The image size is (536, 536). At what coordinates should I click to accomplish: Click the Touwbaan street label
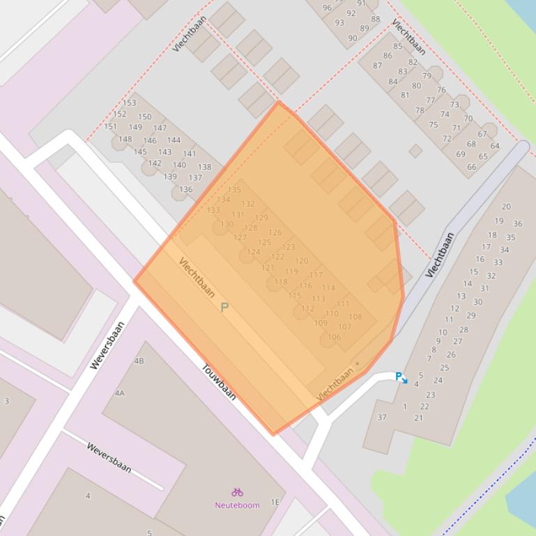pos(219,382)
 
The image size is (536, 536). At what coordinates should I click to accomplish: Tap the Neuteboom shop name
pos(237,505)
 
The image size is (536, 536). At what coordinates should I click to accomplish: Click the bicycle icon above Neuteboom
pos(237,492)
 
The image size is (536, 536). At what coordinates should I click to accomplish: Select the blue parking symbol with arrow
pos(401,377)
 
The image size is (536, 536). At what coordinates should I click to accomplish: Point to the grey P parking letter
pos(224,307)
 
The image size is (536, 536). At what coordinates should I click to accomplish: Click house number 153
pos(129,103)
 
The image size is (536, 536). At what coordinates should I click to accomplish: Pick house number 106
pos(334,337)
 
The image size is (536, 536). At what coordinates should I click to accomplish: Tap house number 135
pos(233,189)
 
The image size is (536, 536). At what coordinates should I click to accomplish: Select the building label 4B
pos(139,361)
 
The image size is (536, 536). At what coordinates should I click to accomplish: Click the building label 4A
pos(119,393)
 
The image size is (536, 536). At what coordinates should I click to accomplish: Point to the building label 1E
pos(275,502)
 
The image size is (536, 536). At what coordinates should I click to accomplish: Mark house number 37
pos(381,417)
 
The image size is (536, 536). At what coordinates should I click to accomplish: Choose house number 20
pos(506,206)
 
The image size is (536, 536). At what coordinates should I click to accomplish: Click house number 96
pos(327,8)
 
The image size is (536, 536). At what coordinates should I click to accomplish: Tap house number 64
pos(494,146)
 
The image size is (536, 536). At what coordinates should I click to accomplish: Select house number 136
pos(185,189)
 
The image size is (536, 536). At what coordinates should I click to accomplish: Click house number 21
pos(418,418)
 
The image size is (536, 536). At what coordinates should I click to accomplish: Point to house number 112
pos(307,308)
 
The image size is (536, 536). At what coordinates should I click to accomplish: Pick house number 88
pos(375,19)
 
